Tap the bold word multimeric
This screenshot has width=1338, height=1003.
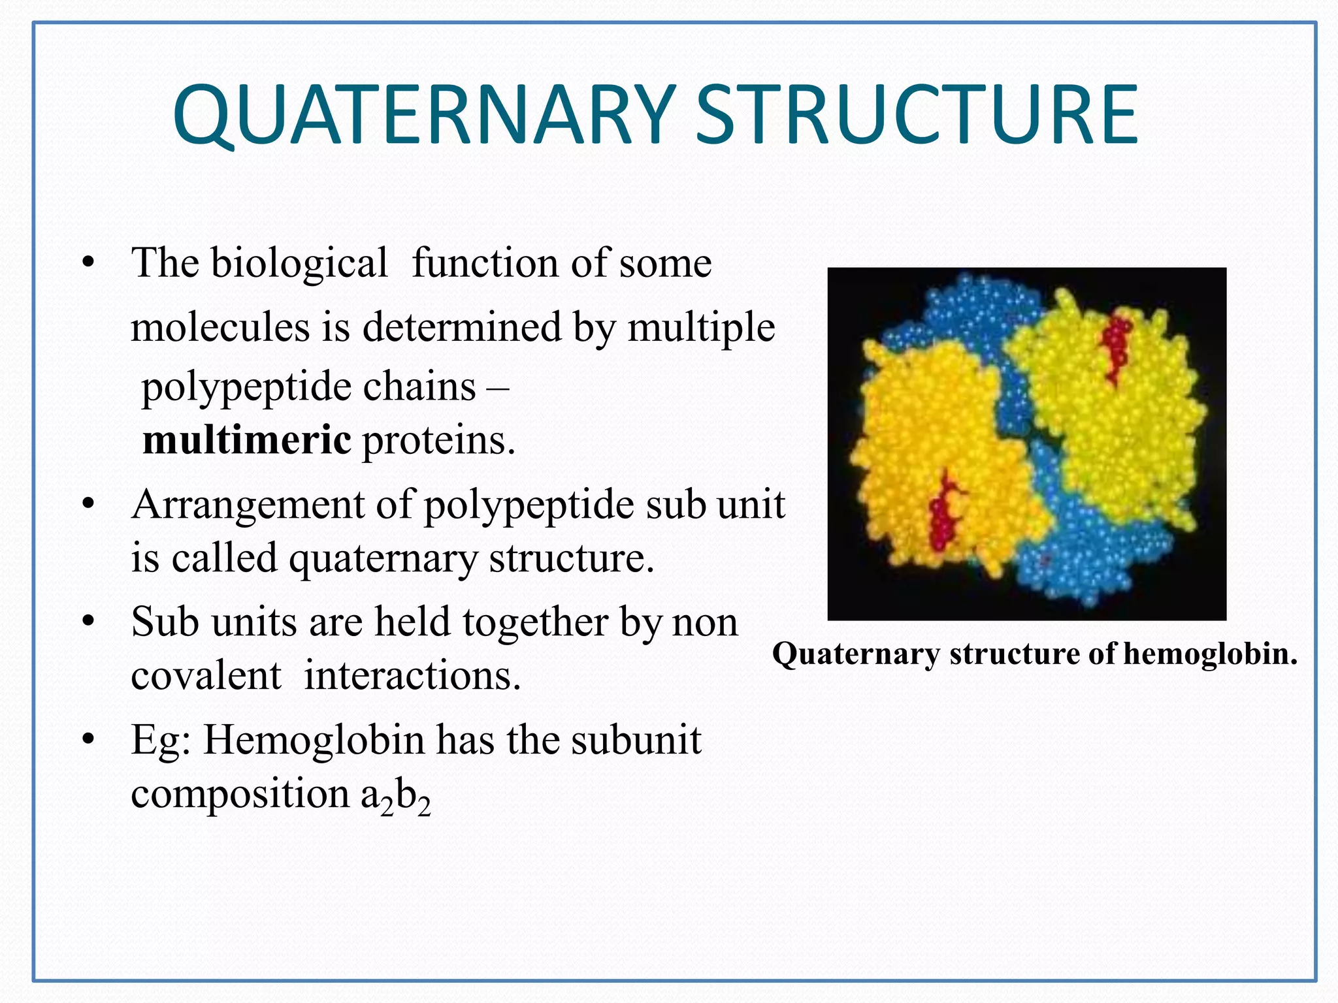click(246, 440)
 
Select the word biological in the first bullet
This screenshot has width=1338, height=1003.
click(299, 263)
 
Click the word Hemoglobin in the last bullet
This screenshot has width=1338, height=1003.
click(314, 740)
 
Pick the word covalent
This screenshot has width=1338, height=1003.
click(205, 675)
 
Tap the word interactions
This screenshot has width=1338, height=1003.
click(412, 675)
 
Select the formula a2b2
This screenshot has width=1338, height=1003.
click(395, 797)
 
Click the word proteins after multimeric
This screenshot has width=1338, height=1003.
click(438, 441)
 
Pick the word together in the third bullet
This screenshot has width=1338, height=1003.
click(534, 622)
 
